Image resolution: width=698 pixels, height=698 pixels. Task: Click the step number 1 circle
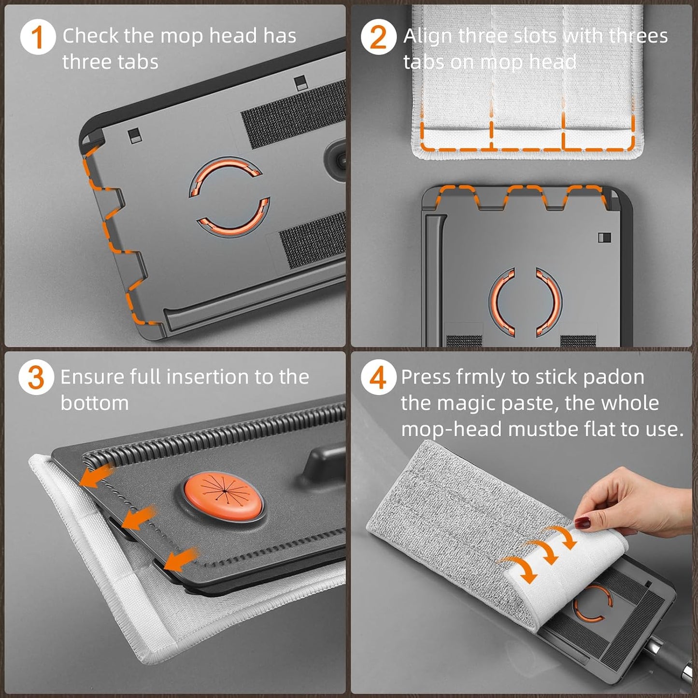coord(38,37)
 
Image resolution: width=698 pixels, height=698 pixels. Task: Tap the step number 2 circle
coord(379,37)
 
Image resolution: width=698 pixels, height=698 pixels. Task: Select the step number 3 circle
coord(36,378)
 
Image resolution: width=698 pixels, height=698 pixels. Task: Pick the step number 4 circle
coord(379,378)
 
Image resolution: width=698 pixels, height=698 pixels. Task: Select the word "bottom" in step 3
coord(95,403)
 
